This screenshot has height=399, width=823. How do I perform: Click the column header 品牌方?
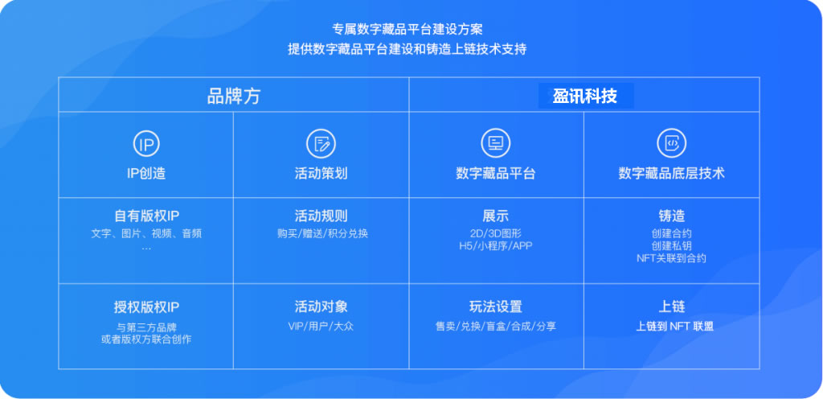(234, 96)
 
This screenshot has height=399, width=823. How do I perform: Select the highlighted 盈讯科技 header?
(585, 96)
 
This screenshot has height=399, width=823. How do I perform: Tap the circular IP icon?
(146, 144)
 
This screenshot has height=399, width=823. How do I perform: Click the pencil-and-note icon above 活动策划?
(321, 144)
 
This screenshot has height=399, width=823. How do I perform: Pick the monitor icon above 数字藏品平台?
(496, 143)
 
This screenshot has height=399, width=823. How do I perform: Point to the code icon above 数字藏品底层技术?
(672, 143)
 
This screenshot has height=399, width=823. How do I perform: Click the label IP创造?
(146, 174)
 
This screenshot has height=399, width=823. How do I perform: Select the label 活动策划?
(321, 174)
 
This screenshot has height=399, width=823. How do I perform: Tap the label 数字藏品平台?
(496, 174)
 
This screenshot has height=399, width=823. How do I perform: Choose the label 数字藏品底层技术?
(672, 174)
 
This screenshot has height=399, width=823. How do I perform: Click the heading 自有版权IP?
(146, 216)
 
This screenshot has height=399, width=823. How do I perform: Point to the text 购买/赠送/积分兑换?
(322, 233)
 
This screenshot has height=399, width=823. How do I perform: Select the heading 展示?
(496, 216)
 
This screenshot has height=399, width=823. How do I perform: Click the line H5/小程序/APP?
(495, 245)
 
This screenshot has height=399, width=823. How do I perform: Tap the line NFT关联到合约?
(671, 258)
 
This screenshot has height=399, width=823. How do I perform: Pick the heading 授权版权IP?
(146, 307)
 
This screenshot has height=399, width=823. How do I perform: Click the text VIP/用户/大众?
(321, 326)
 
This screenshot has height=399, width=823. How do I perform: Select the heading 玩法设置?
(496, 306)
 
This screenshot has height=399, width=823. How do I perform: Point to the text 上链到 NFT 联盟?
(674, 326)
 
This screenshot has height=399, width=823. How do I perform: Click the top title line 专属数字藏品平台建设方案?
(407, 29)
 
